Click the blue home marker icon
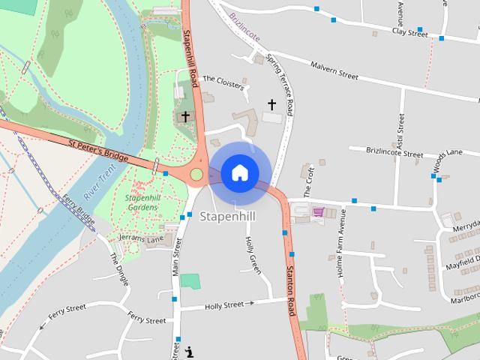[x=239, y=173]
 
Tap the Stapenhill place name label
[x=228, y=216]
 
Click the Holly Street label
[x=225, y=304]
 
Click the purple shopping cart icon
[x=318, y=211]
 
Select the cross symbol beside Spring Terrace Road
[x=271, y=104]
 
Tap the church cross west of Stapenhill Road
[x=185, y=116]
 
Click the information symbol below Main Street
[x=188, y=350]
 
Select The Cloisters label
[x=223, y=82]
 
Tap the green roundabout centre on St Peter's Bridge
[x=196, y=175]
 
